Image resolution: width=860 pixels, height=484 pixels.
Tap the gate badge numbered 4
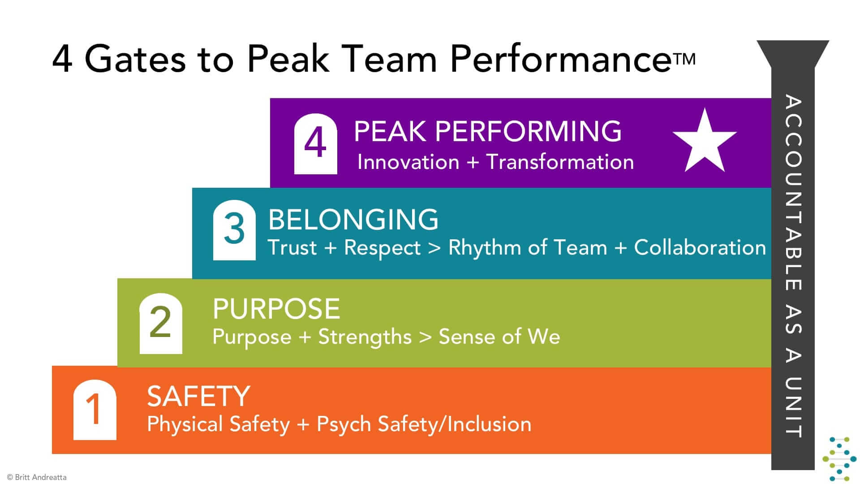315,144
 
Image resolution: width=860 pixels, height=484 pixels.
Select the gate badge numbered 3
234,230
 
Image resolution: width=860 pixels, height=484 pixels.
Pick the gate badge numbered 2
161,324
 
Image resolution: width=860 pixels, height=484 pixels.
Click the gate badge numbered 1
95,410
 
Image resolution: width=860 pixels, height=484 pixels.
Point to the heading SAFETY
198,397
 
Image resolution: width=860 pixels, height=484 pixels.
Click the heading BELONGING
353,220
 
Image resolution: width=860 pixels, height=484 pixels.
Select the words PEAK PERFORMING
488,131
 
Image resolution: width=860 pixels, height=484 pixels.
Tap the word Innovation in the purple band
408,162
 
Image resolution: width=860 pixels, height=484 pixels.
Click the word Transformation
560,162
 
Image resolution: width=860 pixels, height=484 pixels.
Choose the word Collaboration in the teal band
700,247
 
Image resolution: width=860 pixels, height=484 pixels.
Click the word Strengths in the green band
365,337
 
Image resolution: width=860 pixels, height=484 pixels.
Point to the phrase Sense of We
499,337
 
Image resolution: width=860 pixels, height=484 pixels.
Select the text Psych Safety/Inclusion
424,424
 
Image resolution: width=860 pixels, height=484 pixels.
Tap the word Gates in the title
135,59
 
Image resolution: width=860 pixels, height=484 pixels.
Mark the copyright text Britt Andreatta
41,477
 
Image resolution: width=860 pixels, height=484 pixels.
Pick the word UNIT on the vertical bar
793,407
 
